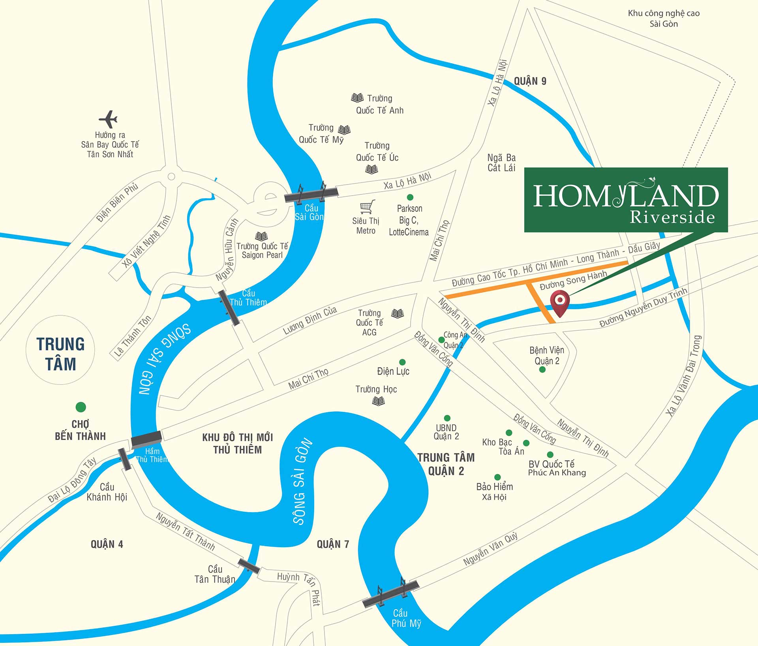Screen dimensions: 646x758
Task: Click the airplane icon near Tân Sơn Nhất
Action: [108, 119]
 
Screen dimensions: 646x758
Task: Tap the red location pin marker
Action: [560, 302]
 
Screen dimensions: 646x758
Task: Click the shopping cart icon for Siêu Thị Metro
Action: [367, 207]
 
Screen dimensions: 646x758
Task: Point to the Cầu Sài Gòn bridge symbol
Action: [311, 194]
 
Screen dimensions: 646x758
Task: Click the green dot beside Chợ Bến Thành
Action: [81, 407]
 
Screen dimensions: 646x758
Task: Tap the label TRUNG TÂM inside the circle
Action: [60, 354]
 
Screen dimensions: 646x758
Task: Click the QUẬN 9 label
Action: [530, 81]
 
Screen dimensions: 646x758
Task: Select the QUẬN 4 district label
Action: [107, 544]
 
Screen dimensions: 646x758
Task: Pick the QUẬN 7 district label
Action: [333, 544]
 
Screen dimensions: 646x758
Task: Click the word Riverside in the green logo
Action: [672, 217]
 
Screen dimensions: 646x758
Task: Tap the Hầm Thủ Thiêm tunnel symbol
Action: [146, 439]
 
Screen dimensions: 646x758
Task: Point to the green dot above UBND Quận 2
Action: [447, 418]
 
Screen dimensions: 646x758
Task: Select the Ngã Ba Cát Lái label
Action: [501, 163]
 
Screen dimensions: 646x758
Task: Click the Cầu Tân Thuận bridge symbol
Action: [249, 565]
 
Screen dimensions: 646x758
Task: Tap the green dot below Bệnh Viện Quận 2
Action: [542, 370]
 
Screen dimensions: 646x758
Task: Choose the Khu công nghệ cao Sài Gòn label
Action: [664, 19]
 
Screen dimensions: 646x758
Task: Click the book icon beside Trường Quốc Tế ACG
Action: [398, 314]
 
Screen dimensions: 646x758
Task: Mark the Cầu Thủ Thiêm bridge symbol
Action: [229, 308]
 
